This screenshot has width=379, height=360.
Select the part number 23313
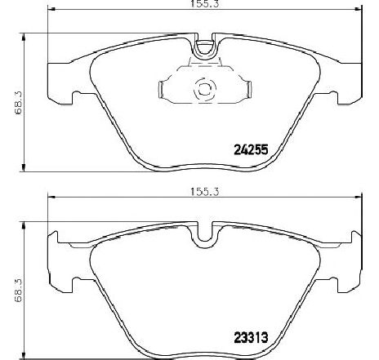point(252,334)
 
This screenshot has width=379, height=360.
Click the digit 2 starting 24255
point(238,150)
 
